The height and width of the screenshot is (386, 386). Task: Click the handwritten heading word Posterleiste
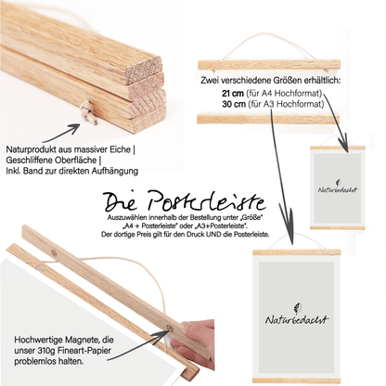(207, 201)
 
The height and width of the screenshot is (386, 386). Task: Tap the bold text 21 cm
(234, 93)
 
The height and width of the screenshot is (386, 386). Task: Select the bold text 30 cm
(234, 104)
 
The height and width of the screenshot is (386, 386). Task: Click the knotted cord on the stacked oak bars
(89, 112)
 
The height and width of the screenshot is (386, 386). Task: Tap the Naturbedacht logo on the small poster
(338, 187)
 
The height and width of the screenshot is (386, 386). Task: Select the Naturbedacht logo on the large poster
(297, 315)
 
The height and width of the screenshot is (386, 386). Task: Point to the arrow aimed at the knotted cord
(61, 134)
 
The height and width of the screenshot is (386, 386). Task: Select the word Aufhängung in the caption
(114, 171)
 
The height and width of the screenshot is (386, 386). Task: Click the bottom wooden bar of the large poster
(297, 380)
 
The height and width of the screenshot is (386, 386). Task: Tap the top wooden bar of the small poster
(338, 148)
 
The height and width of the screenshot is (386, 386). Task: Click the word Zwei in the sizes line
(209, 81)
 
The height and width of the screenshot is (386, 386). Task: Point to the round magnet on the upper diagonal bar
(54, 251)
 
